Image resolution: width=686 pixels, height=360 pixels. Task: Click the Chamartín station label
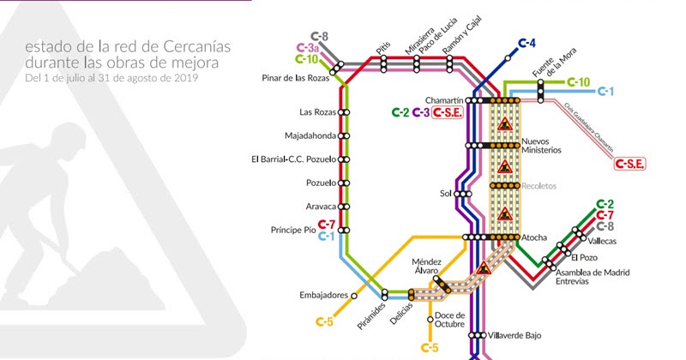point(445,99)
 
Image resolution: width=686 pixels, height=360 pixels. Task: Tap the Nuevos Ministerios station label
point(541,145)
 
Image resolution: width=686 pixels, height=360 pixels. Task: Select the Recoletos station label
point(539,185)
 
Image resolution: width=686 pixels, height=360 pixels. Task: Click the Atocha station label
point(534,237)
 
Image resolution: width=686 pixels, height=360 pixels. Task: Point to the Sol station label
point(445,194)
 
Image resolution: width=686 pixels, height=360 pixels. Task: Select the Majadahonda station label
point(310,135)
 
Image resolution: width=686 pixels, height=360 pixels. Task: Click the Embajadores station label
point(324,295)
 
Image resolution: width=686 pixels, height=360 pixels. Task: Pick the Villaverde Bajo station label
point(511,335)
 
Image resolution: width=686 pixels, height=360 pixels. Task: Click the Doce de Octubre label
point(449,319)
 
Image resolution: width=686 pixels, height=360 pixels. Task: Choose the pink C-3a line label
point(306,48)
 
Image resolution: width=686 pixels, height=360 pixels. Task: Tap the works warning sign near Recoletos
point(505,168)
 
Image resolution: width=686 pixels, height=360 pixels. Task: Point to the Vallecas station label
point(602,242)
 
